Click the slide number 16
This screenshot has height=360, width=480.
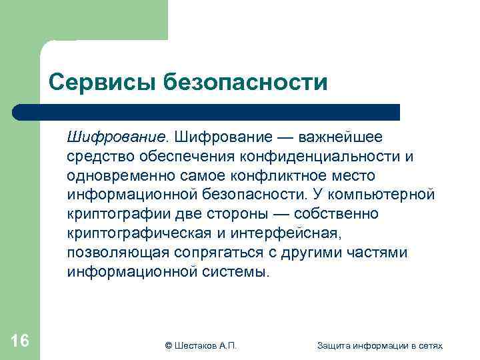[x=20, y=341]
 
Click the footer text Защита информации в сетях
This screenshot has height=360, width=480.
[x=380, y=345]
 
